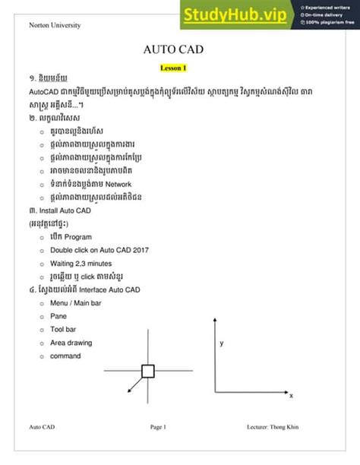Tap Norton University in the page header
(55, 25)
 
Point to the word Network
(118, 184)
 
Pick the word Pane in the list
(58, 316)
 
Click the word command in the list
(67, 356)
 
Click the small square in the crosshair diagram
(147, 372)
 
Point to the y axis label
(222, 343)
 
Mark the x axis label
(292, 396)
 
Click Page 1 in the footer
(158, 427)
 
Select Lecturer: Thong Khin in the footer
(273, 427)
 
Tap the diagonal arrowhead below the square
(130, 389)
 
